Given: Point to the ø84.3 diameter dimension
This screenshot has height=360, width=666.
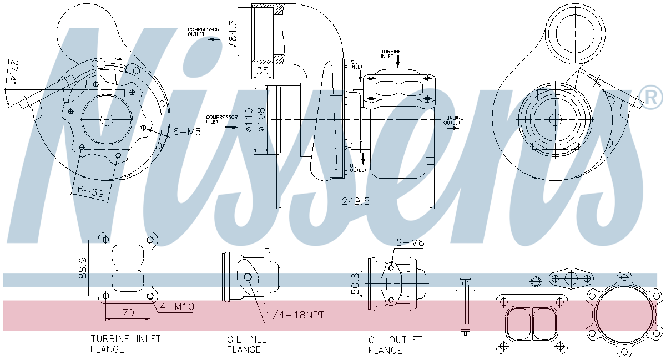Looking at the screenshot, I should coord(233,33).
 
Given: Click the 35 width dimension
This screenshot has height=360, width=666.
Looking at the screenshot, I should coord(263,71).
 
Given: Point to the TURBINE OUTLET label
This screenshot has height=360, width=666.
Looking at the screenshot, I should coord(452,120).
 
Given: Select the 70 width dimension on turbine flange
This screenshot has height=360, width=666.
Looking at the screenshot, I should coord(128,313).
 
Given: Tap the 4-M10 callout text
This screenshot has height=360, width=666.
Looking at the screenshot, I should coord(176,306).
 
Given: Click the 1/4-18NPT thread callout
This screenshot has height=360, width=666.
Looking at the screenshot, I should coord(295,315).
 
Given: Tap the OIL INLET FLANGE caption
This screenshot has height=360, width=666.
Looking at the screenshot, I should coord(249,344).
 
